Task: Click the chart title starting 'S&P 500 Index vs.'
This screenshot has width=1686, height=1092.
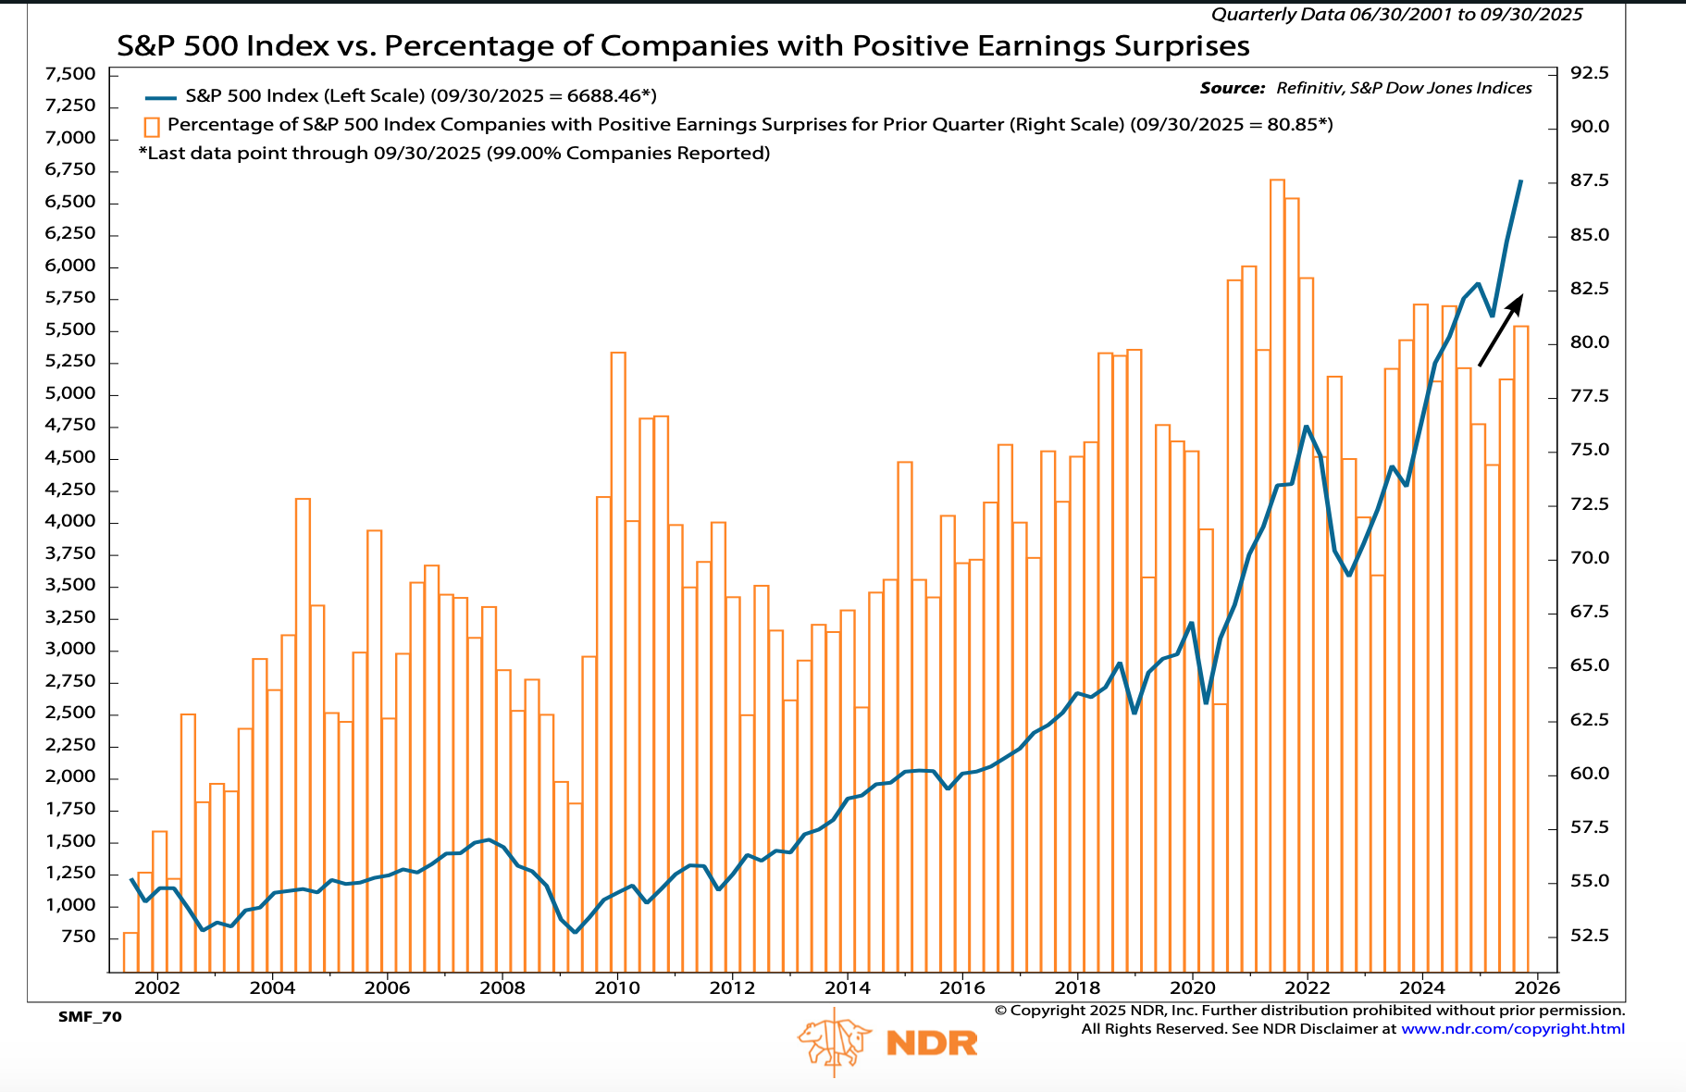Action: click(x=683, y=45)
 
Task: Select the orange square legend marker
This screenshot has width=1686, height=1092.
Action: click(x=152, y=126)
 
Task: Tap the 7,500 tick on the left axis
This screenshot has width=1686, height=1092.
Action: click(x=70, y=74)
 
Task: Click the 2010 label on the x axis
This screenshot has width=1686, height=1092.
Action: click(x=617, y=987)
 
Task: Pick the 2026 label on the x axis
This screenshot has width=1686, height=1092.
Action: click(x=1537, y=987)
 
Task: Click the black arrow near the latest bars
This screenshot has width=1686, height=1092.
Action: click(x=1500, y=330)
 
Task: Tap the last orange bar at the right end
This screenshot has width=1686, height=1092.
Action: click(x=1520, y=648)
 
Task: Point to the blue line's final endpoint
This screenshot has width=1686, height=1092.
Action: click(x=1521, y=181)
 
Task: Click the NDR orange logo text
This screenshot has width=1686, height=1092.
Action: click(x=931, y=1043)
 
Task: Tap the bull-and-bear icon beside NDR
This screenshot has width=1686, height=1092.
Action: click(x=835, y=1042)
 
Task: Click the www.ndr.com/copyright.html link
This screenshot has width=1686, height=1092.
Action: click(x=1512, y=1029)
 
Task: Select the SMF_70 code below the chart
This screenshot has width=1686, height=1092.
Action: click(x=90, y=1017)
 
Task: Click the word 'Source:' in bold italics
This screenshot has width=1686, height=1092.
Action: click(x=1232, y=88)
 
